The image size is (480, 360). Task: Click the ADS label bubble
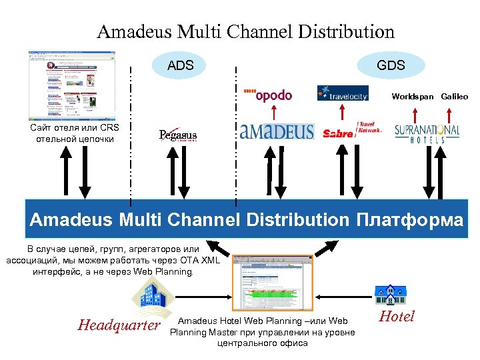pos(180,65)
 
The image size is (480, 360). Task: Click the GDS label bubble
pos(391,65)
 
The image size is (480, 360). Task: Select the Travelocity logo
pos(343,93)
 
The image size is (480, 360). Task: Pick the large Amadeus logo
pos(276,131)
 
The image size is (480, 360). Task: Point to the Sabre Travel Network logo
pos(352,130)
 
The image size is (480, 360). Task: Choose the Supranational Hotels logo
pos(427,133)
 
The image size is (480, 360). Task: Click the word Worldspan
pos(412,97)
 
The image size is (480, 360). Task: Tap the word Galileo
pos(454,97)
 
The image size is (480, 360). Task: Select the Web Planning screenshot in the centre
pos(273,283)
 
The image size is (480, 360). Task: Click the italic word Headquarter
pos(119,325)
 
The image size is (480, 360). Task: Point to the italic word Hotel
pos(396,317)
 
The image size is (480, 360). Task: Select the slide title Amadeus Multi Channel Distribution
pos(245,31)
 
